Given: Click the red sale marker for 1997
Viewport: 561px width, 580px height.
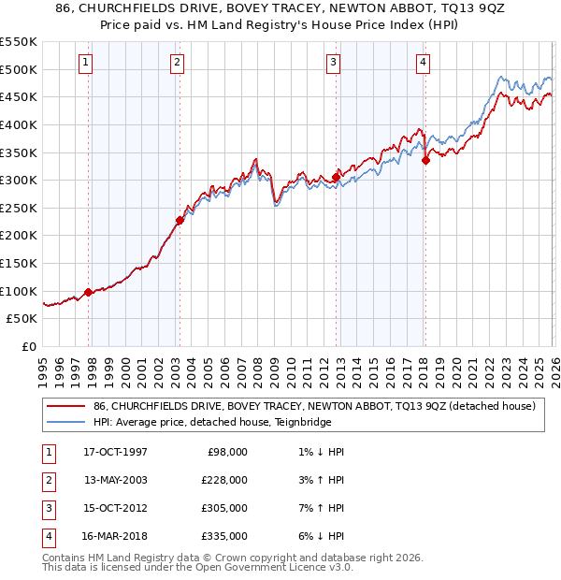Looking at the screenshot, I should pyautogui.click(x=89, y=292).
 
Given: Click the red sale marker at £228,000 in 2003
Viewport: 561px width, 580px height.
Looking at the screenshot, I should pyautogui.click(x=180, y=221).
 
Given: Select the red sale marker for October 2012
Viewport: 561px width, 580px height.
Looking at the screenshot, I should pyautogui.click(x=336, y=177).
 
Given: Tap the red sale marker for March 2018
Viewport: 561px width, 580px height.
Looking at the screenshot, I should pyautogui.click(x=425, y=160).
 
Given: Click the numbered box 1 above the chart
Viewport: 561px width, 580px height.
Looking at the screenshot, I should pyautogui.click(x=85, y=63).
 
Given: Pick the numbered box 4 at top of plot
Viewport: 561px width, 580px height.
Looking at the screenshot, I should pyautogui.click(x=423, y=63).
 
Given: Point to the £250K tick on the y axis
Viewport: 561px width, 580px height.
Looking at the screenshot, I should pyautogui.click(x=19, y=208).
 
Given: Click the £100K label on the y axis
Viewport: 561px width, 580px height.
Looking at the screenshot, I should pyautogui.click(x=19, y=291).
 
